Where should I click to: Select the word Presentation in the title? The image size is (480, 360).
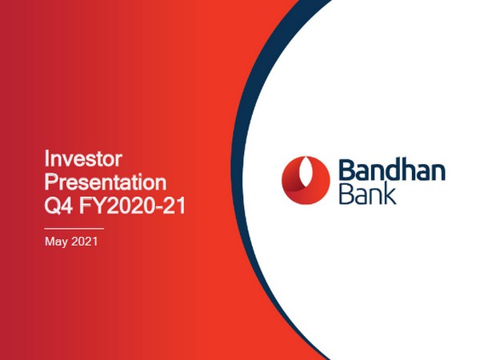pos(105,181)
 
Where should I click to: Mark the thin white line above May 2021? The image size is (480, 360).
pos(74,229)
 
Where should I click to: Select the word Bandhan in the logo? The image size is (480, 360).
pos(392,171)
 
